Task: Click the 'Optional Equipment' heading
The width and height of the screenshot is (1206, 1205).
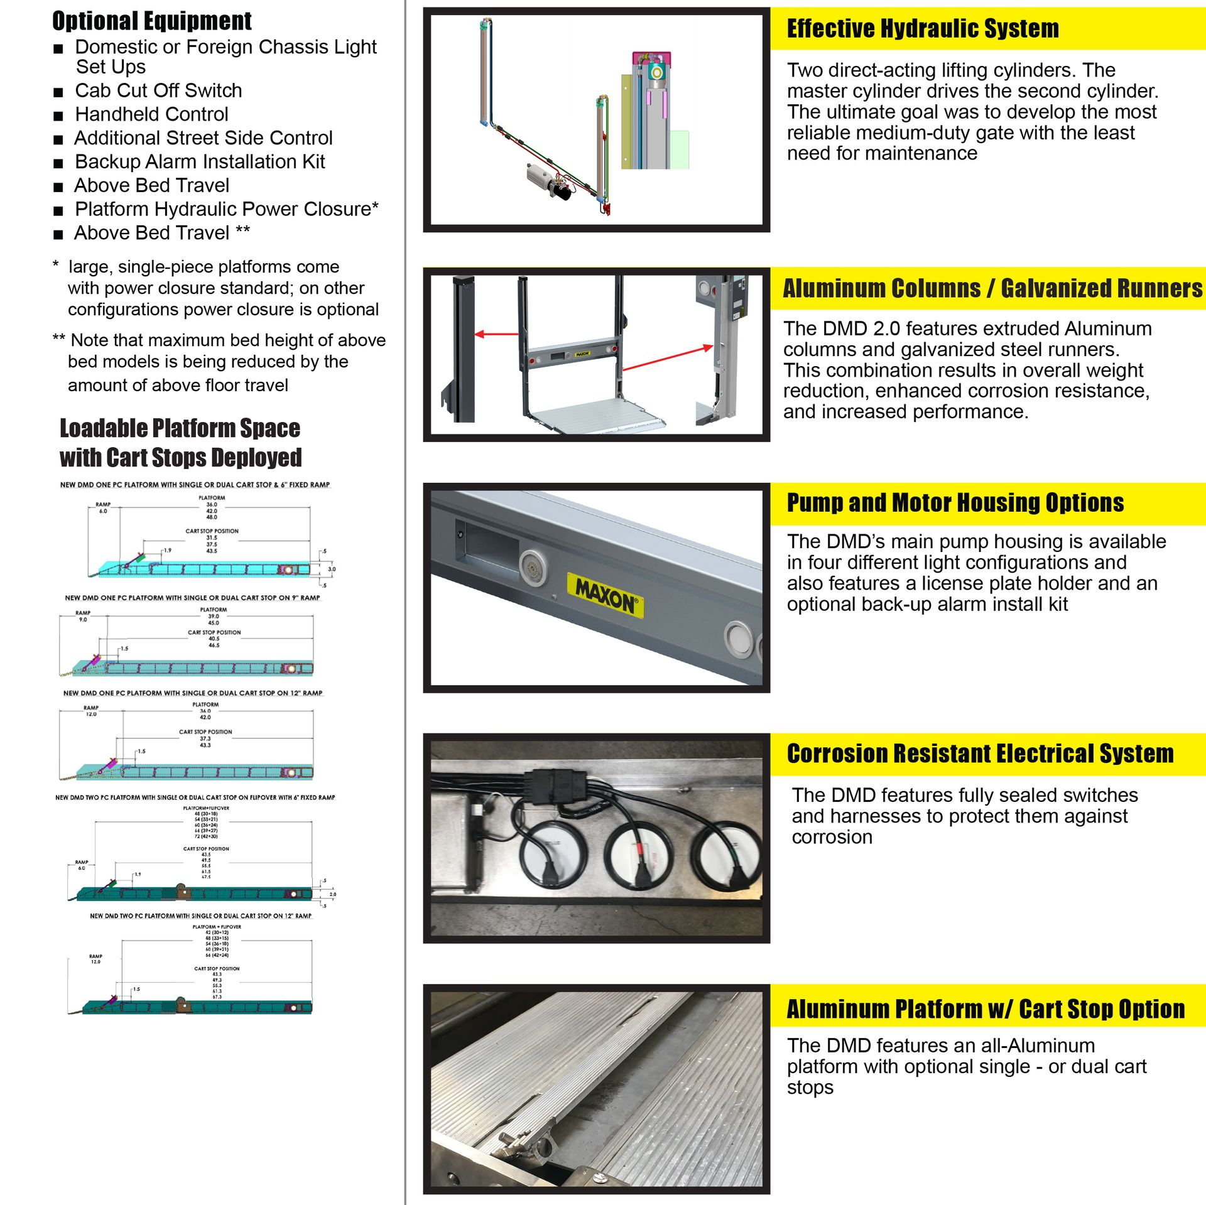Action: [151, 21]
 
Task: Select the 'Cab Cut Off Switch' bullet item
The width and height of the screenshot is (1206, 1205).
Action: [158, 90]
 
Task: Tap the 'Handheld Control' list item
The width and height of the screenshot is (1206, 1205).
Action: [151, 114]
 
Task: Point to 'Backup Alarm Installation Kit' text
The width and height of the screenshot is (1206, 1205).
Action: [199, 161]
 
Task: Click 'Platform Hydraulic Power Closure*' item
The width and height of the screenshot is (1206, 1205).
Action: [226, 209]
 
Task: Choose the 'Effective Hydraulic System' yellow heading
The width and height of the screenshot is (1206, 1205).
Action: [922, 29]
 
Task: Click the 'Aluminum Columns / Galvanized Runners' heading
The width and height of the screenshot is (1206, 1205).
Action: [992, 288]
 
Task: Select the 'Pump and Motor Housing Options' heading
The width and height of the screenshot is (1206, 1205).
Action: [955, 503]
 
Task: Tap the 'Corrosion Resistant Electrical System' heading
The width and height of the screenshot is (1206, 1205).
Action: [980, 754]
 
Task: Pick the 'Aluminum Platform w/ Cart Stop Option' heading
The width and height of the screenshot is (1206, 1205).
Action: [985, 1009]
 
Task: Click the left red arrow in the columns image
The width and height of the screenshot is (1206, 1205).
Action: [496, 334]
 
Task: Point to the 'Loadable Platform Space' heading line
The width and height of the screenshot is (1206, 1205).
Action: [180, 428]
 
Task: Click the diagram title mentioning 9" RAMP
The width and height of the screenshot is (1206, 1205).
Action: [192, 598]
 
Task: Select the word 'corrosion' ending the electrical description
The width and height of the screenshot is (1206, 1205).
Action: [832, 837]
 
